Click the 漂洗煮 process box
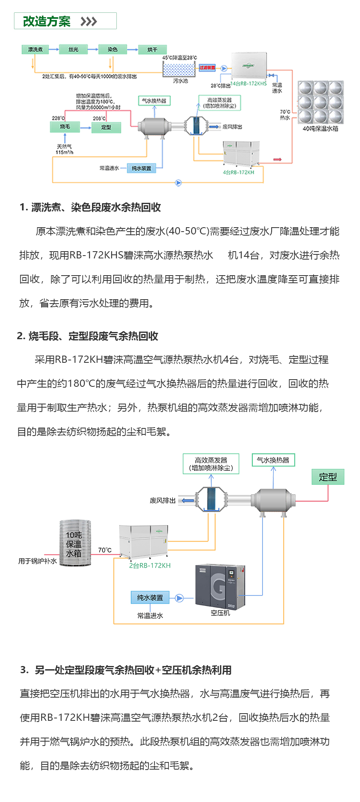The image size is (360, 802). click(x=35, y=50)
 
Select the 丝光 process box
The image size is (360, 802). click(x=73, y=50)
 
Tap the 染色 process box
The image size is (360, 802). click(x=112, y=50)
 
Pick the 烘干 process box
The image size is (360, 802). click(x=152, y=50)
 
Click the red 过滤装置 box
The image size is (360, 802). click(x=207, y=68)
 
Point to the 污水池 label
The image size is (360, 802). click(x=180, y=81)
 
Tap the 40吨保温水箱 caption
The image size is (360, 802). click(x=320, y=129)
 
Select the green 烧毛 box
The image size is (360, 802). click(x=65, y=127)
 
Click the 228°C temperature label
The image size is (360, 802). click(x=58, y=118)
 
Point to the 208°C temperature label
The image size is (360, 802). click(x=99, y=118)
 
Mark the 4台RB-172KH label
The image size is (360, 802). click(x=238, y=172)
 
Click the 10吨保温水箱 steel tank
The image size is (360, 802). click(x=75, y=543)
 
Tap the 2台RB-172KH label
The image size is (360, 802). click(x=150, y=566)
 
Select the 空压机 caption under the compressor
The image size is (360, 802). click(x=220, y=613)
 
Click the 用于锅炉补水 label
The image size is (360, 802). click(x=38, y=561)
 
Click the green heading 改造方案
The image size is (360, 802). click(x=46, y=21)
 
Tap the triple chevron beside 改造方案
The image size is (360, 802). click(x=88, y=22)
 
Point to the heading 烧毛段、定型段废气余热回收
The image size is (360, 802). click(x=88, y=336)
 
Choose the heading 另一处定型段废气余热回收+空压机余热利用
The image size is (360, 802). click(x=126, y=670)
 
